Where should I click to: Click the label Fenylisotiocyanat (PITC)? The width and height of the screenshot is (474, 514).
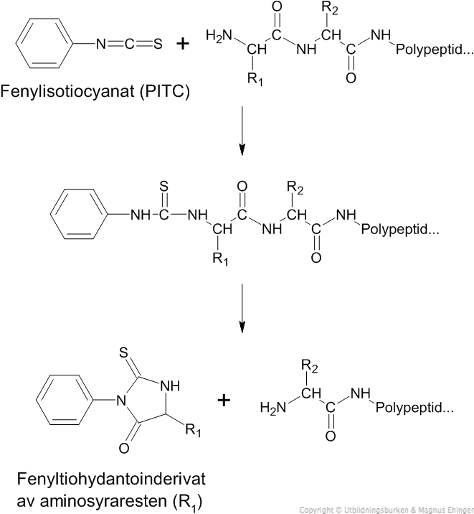click(95, 91)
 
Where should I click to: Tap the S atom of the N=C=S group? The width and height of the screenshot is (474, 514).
click(158, 44)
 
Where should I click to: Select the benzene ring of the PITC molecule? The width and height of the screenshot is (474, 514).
click(44, 43)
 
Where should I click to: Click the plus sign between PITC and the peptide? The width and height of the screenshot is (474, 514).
click(183, 44)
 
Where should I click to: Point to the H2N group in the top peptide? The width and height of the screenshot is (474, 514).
click(219, 35)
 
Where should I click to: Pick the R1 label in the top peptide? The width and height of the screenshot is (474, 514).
click(255, 79)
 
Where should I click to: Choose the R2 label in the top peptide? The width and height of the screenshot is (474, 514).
click(330, 9)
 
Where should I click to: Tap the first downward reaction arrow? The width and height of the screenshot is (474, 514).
click(242, 131)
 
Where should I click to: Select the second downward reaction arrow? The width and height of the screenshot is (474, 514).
click(242, 308)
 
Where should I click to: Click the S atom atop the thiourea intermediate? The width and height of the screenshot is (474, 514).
click(163, 187)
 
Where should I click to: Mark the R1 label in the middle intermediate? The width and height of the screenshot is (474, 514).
click(220, 258)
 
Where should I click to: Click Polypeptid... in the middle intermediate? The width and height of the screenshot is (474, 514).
click(400, 229)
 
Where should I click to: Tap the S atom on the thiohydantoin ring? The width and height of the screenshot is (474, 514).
click(123, 353)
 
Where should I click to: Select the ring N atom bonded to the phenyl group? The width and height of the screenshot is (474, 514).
click(121, 401)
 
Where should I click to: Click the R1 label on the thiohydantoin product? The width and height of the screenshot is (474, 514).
click(193, 430)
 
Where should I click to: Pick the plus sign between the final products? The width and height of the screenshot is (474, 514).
click(224, 401)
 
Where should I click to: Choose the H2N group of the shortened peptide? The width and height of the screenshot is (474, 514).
click(273, 408)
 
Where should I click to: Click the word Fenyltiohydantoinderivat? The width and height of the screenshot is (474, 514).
click(111, 480)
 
